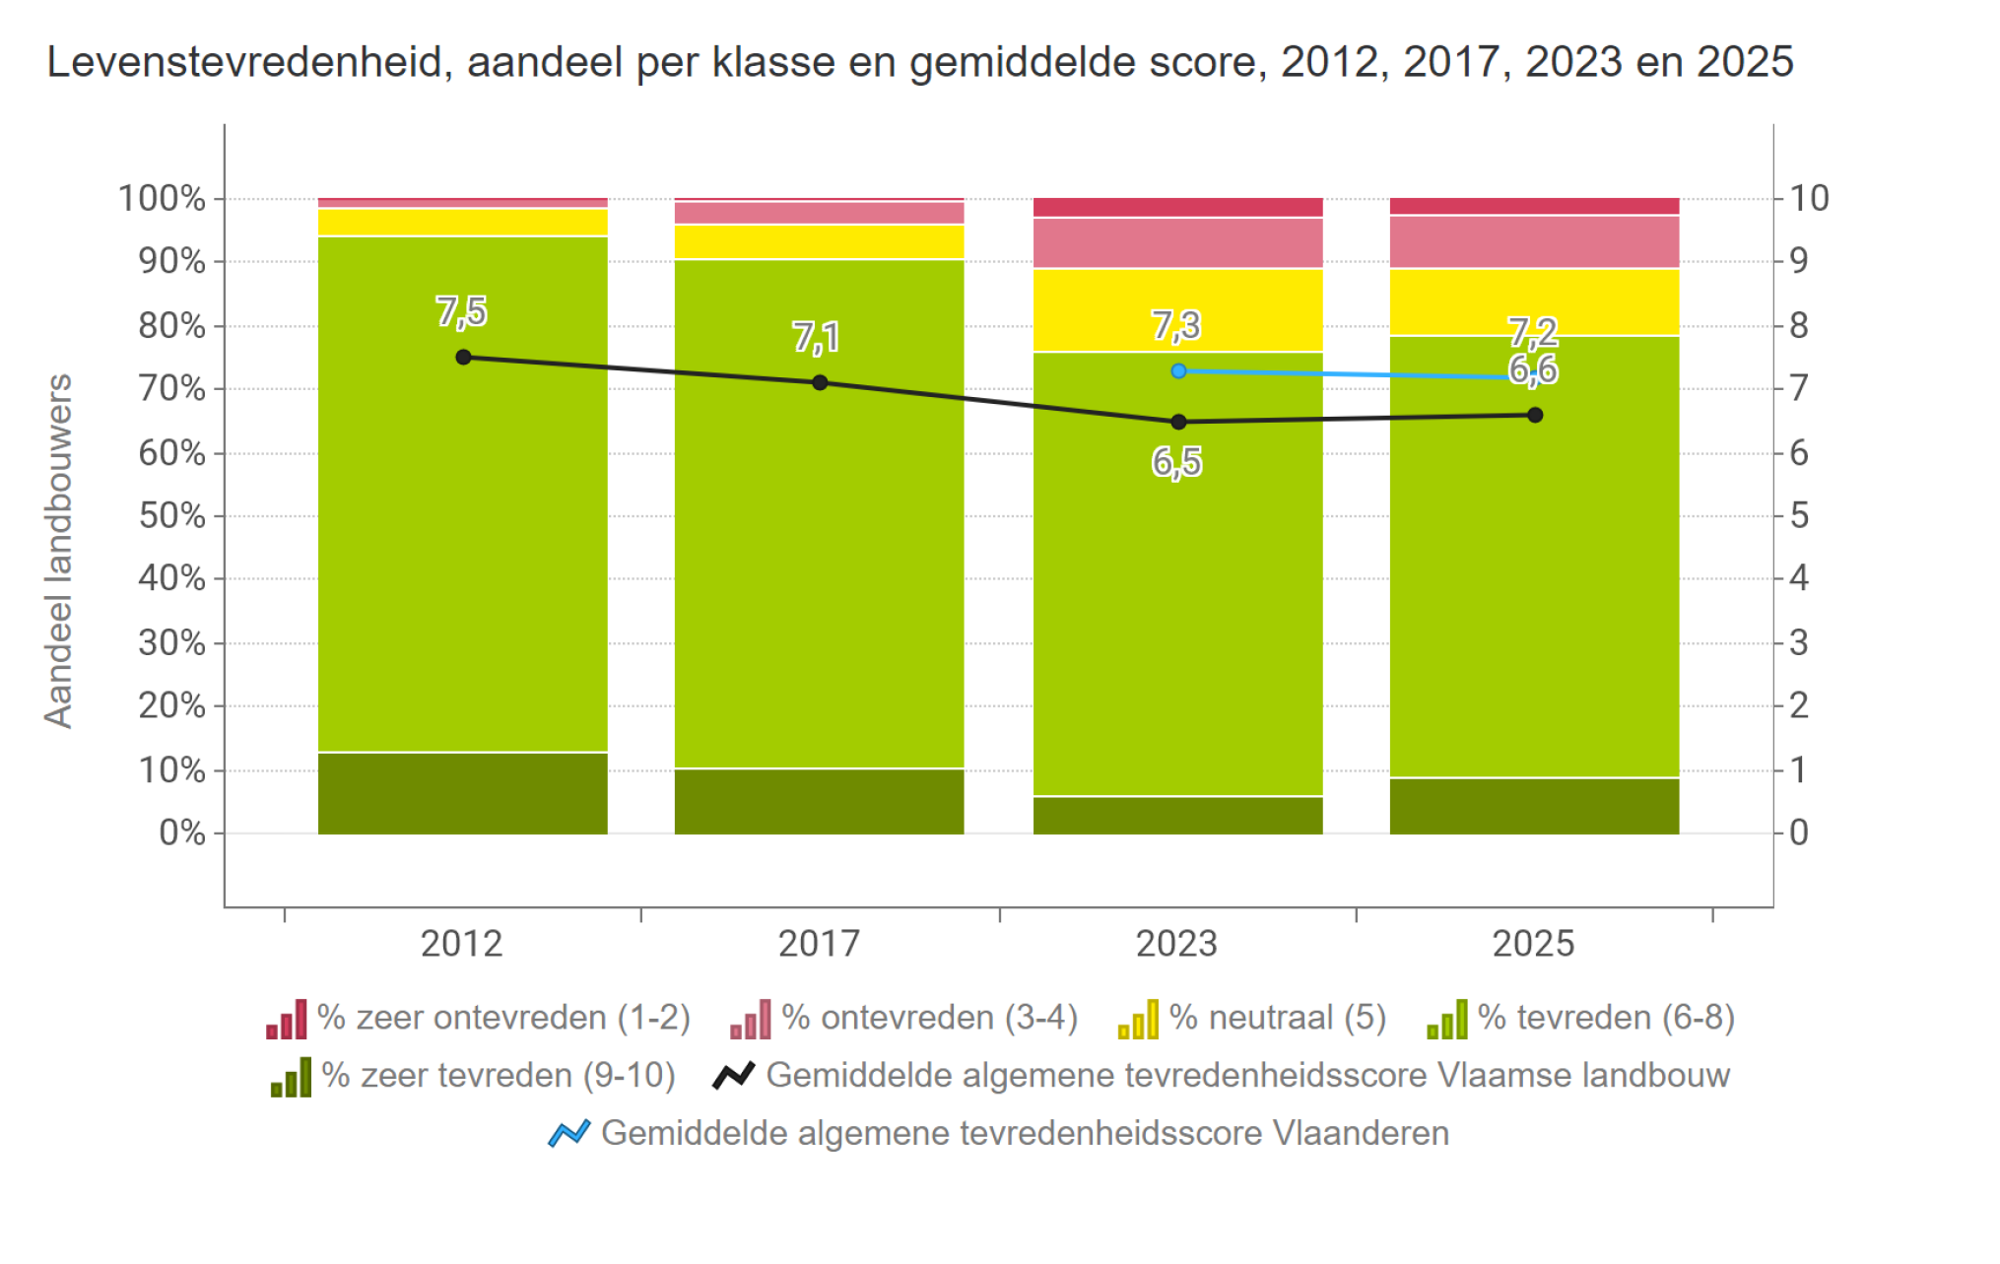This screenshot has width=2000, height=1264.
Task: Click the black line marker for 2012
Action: coord(463,357)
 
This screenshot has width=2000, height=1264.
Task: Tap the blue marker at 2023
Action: coord(1178,371)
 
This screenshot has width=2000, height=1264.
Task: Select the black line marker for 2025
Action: coord(1535,415)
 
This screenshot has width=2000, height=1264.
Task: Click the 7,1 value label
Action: coord(817,338)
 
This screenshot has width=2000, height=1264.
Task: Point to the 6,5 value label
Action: coord(1177,462)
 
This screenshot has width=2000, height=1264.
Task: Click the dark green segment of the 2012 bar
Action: coord(463,793)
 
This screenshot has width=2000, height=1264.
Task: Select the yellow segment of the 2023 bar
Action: coord(1178,309)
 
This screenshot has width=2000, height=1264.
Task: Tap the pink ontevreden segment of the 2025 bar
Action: coord(1535,241)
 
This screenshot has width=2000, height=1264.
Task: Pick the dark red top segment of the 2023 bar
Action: coord(1178,207)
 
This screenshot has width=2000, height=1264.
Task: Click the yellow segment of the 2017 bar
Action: coord(820,241)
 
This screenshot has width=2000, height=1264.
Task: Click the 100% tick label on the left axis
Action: coord(163,199)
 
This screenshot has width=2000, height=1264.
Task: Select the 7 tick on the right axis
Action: coord(1799,389)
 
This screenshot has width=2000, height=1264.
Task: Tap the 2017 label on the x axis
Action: coord(820,944)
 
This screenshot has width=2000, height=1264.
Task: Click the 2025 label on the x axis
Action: coord(1534,944)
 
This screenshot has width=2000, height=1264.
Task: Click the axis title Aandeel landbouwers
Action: coord(59,551)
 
